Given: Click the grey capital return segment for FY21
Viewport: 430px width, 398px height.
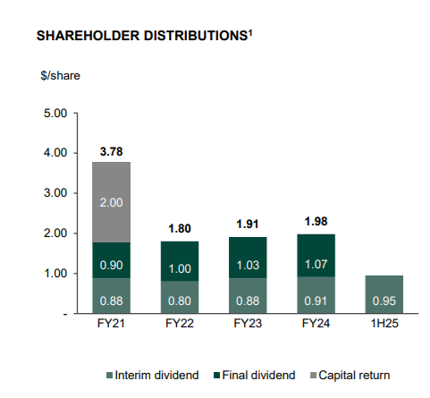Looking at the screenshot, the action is pos(111,202).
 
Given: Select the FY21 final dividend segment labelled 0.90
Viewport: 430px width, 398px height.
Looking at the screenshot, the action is pos(111,260).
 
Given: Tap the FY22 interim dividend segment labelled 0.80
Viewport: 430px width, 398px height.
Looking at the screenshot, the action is pos(180,297).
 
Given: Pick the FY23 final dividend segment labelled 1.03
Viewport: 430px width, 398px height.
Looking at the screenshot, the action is pos(248,258).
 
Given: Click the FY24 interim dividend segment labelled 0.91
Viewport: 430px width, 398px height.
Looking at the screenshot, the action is pos(316,295).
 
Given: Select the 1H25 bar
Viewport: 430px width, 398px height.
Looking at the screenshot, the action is pos(384,294).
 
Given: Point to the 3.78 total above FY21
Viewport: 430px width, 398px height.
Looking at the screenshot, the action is pos(111,152).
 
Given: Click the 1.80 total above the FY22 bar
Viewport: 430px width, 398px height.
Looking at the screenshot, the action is pos(180,229).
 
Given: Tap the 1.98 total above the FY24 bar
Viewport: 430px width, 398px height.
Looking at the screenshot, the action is pos(316,222).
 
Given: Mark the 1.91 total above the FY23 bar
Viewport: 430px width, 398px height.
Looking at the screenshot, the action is pos(248,224).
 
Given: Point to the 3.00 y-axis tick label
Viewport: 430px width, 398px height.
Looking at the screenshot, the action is pos(55,193).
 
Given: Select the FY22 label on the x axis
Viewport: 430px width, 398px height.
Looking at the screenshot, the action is pos(180,324).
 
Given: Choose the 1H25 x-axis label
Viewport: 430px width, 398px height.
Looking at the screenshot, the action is pos(384,324).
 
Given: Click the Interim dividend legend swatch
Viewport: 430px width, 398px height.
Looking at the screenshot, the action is pos(109,376).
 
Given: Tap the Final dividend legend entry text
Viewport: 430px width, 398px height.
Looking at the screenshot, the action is pos(258,375).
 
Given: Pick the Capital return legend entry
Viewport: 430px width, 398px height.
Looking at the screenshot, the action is pos(350,375).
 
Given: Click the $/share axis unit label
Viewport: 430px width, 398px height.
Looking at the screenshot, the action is pos(60,76).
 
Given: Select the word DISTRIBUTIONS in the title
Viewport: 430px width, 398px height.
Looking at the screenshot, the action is pos(196,36).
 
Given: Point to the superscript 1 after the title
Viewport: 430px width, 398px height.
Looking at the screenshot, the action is pos(250,32).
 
